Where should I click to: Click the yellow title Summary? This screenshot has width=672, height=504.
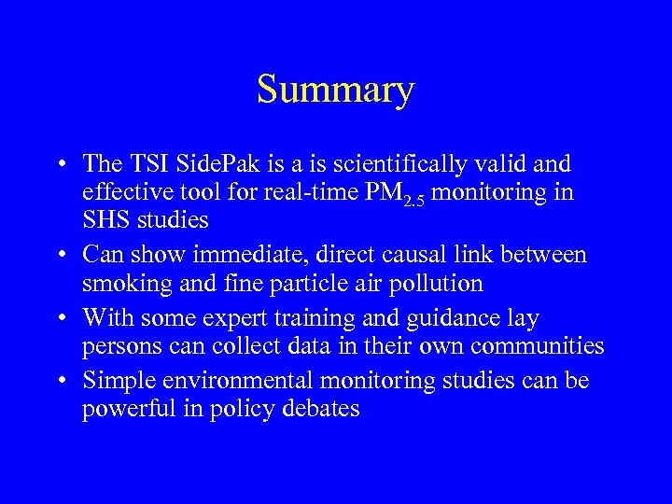[x=335, y=91]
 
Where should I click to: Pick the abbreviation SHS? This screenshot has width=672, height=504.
[x=106, y=222]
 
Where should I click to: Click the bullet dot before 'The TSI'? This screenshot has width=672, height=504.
[x=59, y=166]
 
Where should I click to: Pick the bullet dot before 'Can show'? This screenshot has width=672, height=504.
[x=59, y=255]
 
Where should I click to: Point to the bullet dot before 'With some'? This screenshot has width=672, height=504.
[x=59, y=319]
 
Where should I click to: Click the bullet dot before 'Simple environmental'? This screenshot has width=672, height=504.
[x=59, y=382]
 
